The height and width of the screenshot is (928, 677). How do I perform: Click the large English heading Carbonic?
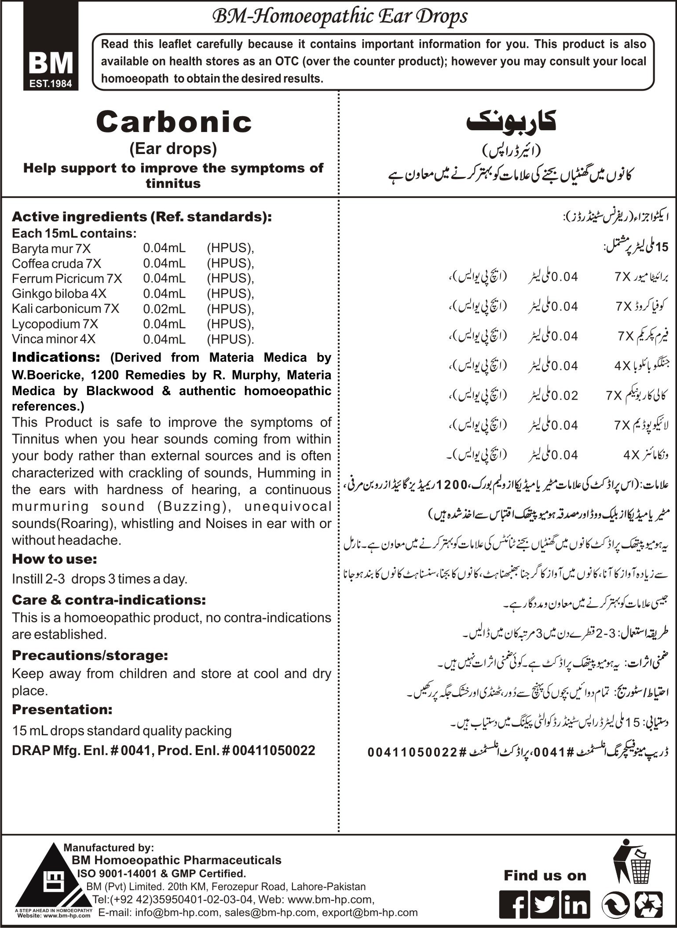coord(174,122)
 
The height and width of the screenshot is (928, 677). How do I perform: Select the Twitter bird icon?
coord(545,905)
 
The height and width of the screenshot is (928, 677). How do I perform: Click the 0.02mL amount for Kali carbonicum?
coord(164,309)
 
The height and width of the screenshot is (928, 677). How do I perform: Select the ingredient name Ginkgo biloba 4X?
coord(59,293)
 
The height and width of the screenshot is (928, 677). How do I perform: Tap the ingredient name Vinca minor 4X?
coord(54,339)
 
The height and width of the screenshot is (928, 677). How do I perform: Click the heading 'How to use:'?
coord(55,559)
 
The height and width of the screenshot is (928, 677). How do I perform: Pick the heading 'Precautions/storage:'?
coord(90,655)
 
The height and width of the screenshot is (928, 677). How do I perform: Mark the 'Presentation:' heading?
coord(62,709)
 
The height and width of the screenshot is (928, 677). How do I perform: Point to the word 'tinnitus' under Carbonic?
coord(173,183)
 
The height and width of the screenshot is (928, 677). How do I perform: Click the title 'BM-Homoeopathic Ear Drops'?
coord(340,17)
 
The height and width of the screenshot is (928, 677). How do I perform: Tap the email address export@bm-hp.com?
coord(370,912)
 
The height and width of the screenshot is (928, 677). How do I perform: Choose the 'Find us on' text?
coord(545,876)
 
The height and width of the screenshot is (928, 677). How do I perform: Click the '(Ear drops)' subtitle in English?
coord(173,149)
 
